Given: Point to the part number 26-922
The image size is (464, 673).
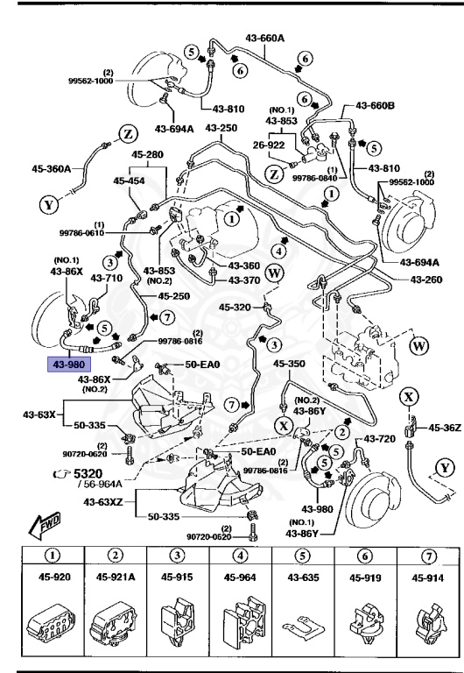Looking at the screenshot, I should (271, 145).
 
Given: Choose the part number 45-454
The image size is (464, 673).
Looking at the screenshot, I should (130, 181).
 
